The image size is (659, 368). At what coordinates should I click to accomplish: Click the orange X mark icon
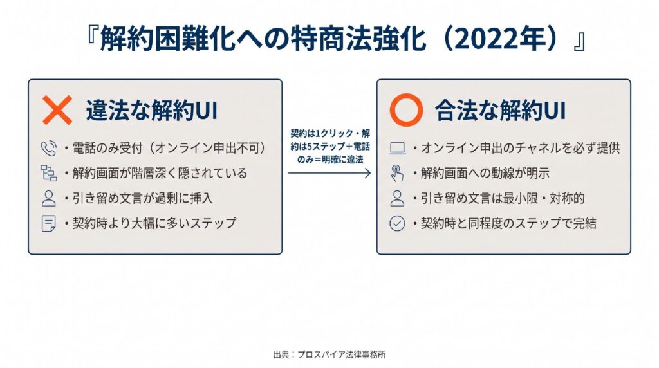tap(57, 110)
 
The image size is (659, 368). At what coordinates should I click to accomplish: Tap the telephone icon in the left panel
tap(48, 148)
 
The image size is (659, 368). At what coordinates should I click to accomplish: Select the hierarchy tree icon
tap(48, 173)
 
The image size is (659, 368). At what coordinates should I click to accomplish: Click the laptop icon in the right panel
tap(397, 148)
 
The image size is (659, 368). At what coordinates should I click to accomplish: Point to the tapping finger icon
tap(396, 173)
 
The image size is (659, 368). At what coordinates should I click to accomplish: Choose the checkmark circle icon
tap(397, 223)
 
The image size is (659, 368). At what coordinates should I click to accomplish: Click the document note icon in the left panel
tap(48, 223)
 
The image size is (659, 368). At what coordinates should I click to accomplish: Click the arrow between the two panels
tap(329, 173)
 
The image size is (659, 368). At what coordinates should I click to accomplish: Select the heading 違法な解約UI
tap(152, 111)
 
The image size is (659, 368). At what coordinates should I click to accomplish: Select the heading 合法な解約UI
tap(500, 111)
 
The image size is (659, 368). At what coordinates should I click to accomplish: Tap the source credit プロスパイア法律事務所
tap(341, 354)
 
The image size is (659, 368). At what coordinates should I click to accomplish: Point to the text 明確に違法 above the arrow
tap(343, 160)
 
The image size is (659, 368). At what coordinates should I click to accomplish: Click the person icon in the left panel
tap(48, 198)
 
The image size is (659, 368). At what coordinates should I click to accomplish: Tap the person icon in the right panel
tap(397, 198)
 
